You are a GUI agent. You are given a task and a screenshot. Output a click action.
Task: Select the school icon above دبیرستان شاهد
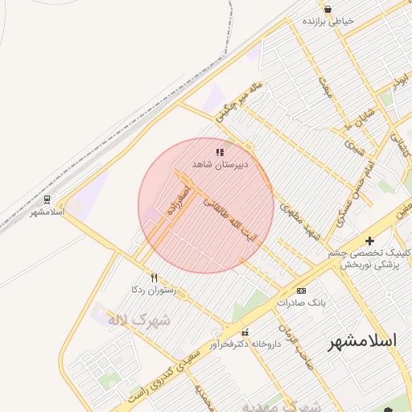point(220,151)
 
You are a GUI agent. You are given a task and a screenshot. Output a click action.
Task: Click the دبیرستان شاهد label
point(219,164)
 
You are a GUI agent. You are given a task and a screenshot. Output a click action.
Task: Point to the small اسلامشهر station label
point(47,212)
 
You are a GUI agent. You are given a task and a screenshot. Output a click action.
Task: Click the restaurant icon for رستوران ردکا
point(154,277)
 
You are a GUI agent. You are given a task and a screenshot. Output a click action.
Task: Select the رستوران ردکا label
point(152,289)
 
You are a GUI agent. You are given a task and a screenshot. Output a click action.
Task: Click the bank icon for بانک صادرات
point(301,290)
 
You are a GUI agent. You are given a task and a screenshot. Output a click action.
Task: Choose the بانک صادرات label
point(300,303)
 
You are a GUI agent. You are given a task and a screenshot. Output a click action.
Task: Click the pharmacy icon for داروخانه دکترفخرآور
point(245,332)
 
